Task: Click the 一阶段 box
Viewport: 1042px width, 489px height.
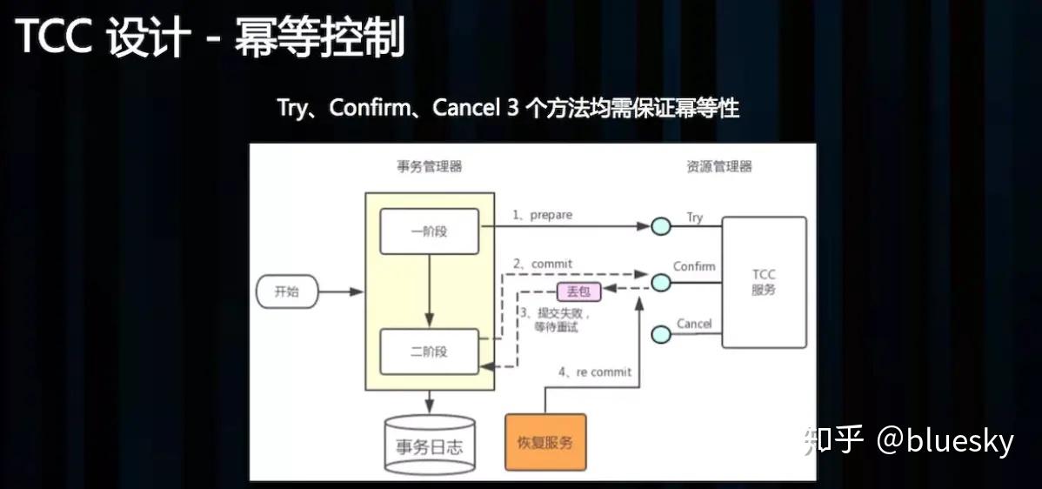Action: [430, 231]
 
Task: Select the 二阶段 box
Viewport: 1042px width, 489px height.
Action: [430, 352]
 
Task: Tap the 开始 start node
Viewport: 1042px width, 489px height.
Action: [287, 291]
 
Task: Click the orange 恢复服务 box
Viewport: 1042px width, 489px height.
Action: [545, 442]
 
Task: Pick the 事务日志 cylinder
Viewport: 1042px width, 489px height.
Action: [430, 445]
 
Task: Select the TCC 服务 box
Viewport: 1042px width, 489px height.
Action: [765, 283]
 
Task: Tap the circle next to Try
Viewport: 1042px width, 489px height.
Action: [660, 226]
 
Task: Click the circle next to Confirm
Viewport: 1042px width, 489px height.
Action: [660, 283]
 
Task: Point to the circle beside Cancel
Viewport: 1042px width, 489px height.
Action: [660, 333]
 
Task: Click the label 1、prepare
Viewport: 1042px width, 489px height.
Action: [542, 215]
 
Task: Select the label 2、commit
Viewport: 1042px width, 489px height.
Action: [542, 264]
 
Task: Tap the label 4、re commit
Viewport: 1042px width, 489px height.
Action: [595, 372]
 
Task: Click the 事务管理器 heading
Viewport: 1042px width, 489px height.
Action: [430, 167]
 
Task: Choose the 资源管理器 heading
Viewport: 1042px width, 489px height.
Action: [719, 167]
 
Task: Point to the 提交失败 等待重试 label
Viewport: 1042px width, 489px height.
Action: [553, 319]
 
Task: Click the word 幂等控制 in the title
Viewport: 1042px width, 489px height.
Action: [319, 37]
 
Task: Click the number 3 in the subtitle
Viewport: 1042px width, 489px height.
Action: [511, 108]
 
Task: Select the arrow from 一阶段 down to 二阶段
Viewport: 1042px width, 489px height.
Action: [430, 291]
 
